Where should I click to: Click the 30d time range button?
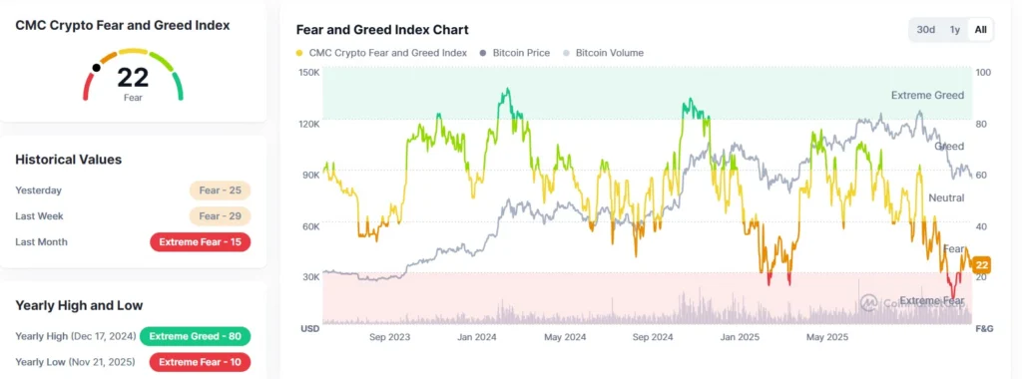(x=926, y=30)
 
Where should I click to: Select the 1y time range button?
(x=955, y=30)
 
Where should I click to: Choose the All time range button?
(x=980, y=30)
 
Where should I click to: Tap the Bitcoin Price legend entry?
(x=514, y=53)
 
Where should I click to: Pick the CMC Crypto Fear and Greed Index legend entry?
(x=381, y=53)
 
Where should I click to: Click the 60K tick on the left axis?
(x=309, y=226)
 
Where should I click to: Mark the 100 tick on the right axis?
(x=983, y=73)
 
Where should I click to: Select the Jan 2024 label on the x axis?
(x=478, y=338)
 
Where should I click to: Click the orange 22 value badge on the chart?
(x=980, y=264)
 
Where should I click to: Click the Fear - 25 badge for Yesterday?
(x=220, y=190)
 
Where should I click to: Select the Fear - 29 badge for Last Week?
(x=220, y=215)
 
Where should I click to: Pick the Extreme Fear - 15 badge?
(x=200, y=241)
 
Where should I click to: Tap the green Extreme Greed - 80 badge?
(x=195, y=336)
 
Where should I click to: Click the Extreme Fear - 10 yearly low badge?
(x=200, y=361)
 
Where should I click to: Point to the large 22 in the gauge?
(x=133, y=78)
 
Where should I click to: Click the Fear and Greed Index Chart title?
(x=382, y=30)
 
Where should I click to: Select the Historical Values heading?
(x=69, y=160)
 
